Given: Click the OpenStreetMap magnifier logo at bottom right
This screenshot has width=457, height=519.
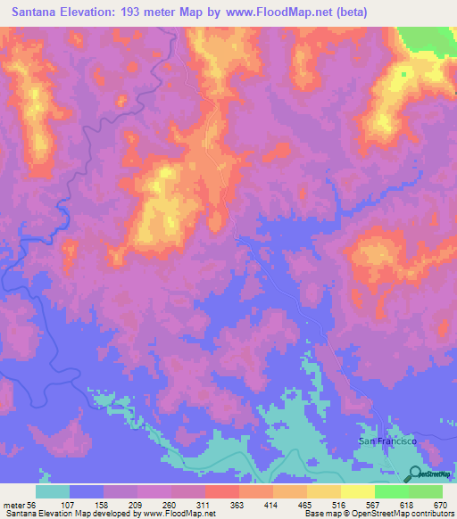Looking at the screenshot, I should tap(416, 475).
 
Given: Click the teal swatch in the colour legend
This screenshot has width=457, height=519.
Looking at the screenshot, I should tap(53, 491).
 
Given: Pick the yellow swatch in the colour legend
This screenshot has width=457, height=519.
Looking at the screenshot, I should tap(358, 491).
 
